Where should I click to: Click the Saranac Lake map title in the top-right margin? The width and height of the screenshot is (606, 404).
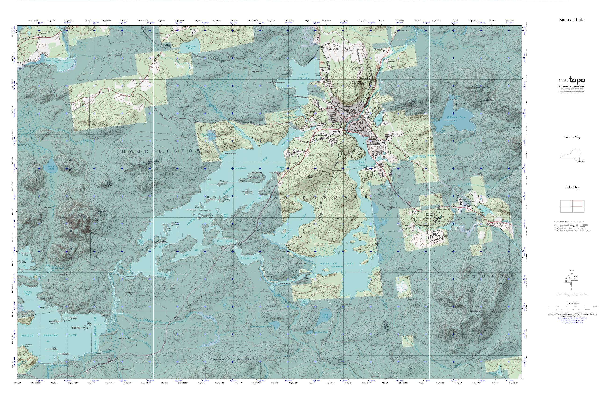(572, 20)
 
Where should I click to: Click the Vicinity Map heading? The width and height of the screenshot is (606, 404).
(572, 137)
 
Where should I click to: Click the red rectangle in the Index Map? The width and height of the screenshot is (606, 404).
(576, 204)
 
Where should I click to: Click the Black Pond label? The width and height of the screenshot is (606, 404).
(51, 167)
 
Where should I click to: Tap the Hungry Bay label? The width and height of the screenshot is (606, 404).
(27, 293)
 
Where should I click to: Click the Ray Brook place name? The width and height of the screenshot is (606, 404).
(444, 209)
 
